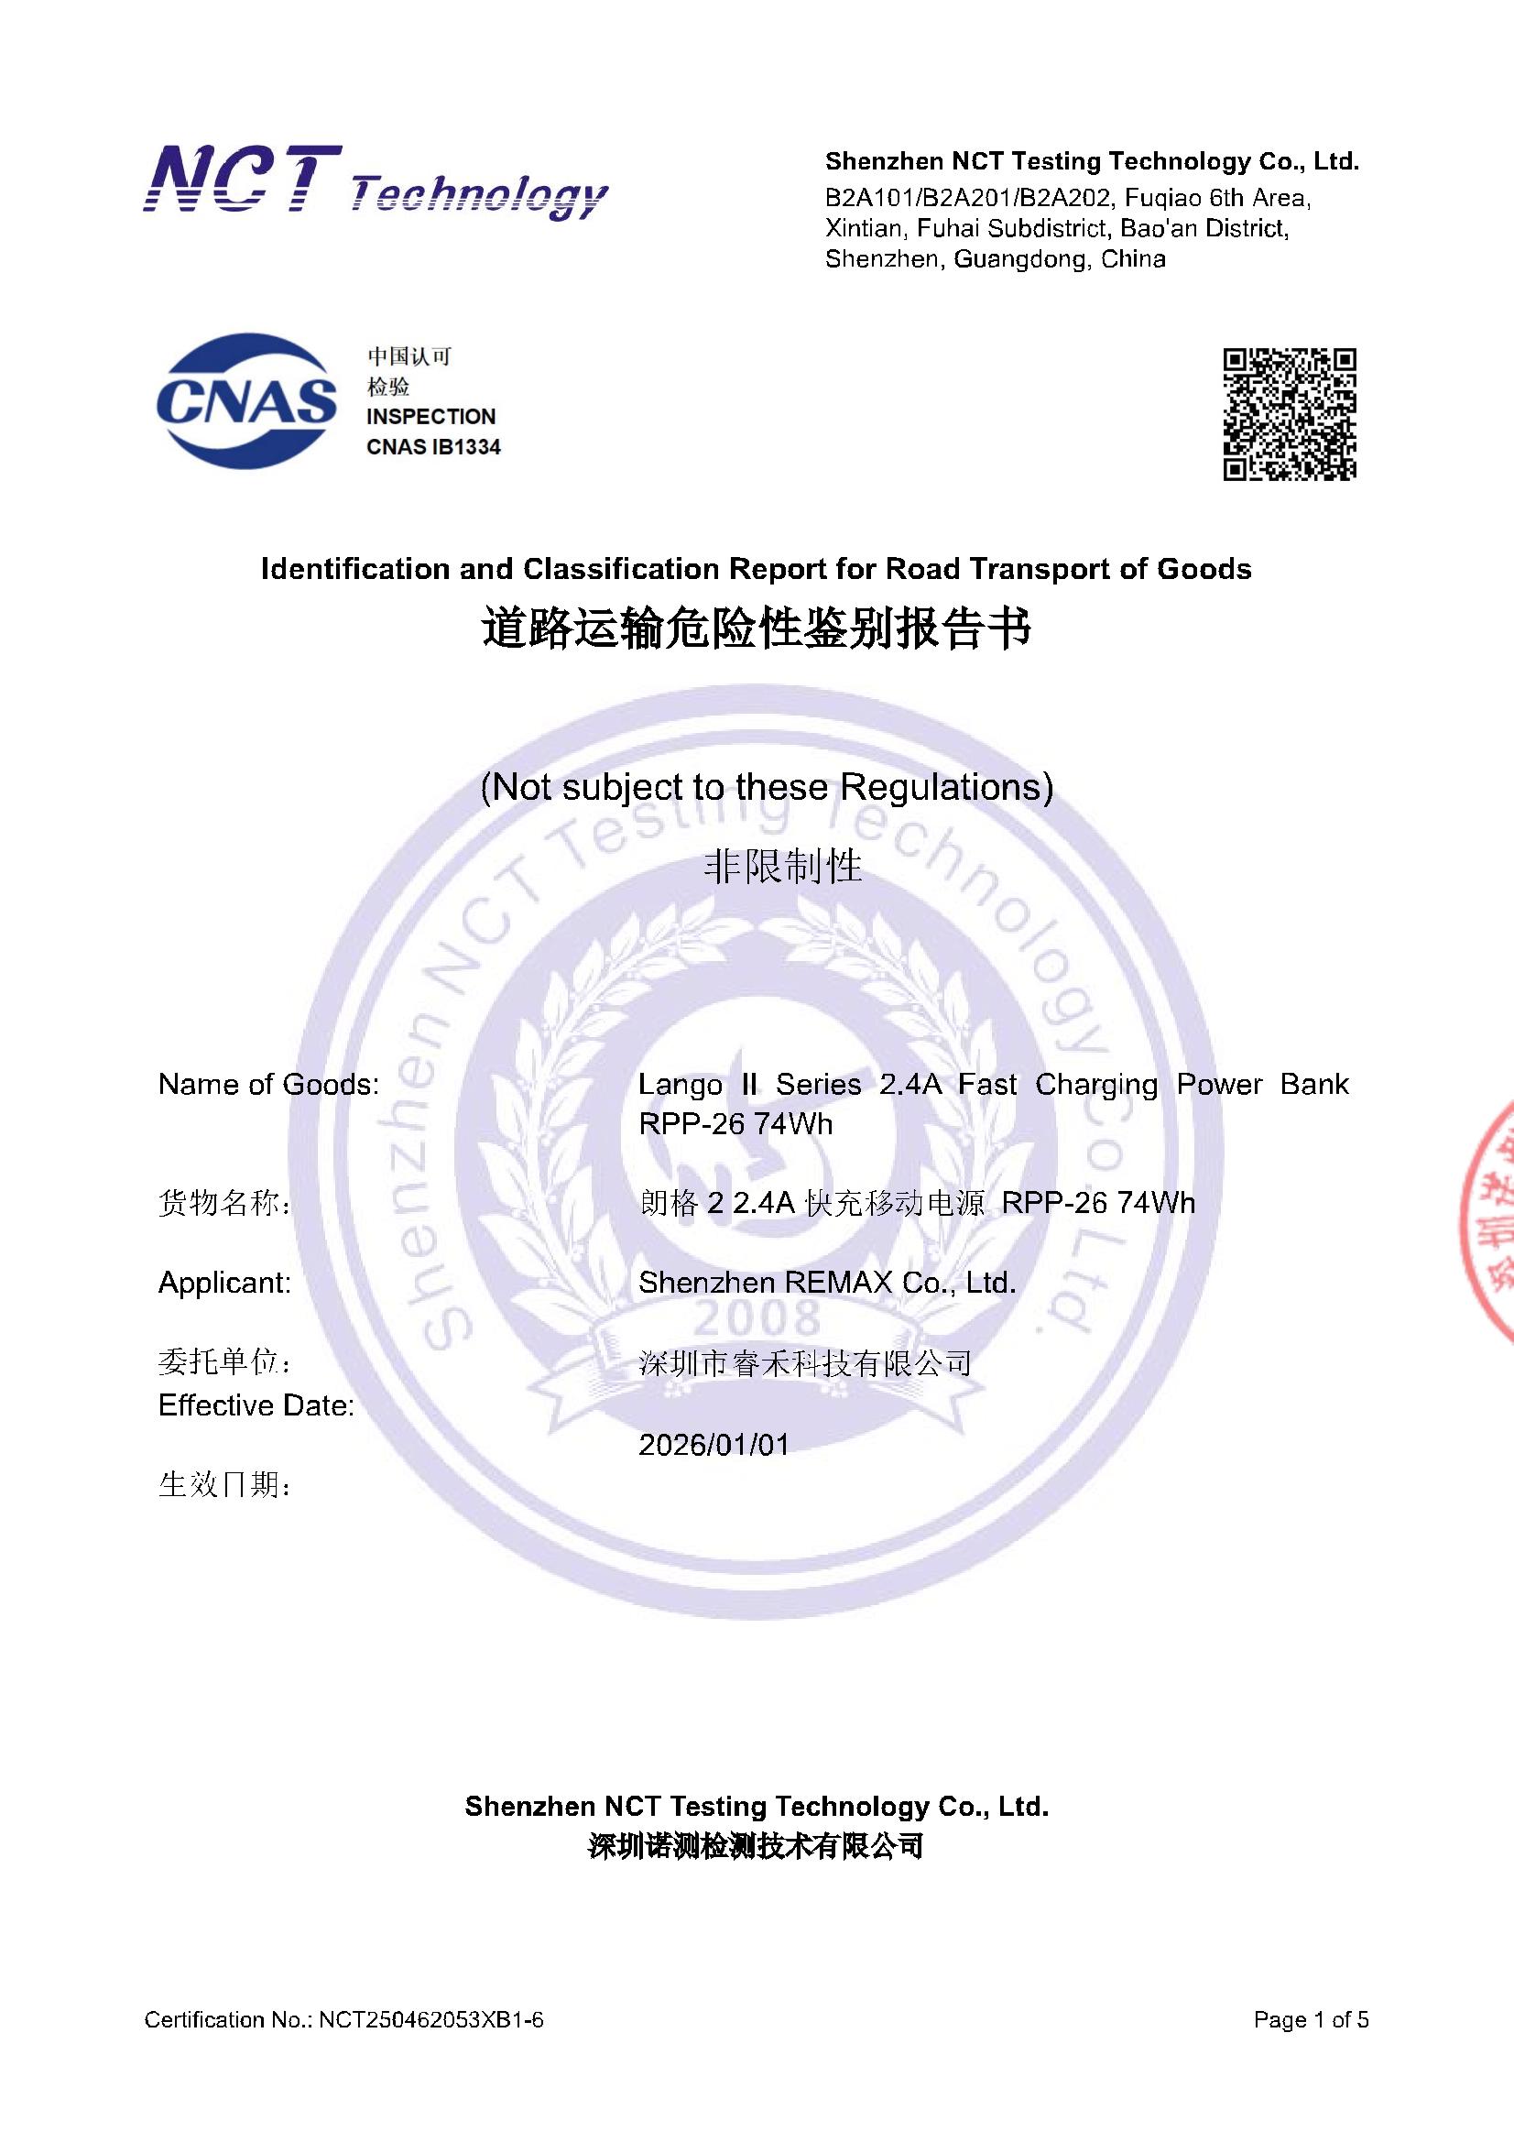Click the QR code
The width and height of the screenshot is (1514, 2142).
click(x=1290, y=414)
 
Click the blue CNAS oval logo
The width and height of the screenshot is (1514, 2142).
click(x=246, y=401)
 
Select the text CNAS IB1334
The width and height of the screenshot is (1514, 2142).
click(x=433, y=447)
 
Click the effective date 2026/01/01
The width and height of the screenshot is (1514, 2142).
click(x=713, y=1445)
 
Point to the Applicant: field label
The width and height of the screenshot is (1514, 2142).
click(x=224, y=1283)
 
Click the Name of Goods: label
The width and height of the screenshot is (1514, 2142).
click(x=268, y=1084)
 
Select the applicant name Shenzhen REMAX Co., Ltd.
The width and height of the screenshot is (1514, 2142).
click(x=826, y=1283)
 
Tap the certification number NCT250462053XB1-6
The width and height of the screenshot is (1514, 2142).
click(x=431, y=2020)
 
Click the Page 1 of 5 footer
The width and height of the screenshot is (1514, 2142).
click(x=1311, y=2020)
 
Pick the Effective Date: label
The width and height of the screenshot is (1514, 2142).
click(x=256, y=1405)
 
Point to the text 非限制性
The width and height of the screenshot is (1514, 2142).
click(x=781, y=867)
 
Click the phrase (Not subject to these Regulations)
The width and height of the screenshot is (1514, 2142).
click(x=766, y=787)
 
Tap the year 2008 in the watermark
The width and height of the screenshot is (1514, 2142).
click(x=757, y=1319)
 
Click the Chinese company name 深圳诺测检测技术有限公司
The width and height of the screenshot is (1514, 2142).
click(x=756, y=1845)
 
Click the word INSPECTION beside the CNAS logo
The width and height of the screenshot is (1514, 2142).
click(x=431, y=416)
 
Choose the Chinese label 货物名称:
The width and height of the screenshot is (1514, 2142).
click(x=224, y=1205)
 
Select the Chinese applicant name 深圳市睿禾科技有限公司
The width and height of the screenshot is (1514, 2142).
click(x=805, y=1364)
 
